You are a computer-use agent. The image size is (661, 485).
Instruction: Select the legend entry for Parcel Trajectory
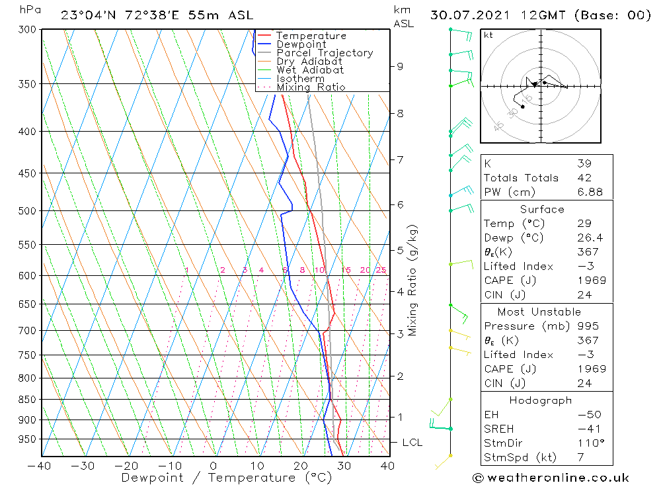pyautogui.click(x=324, y=53)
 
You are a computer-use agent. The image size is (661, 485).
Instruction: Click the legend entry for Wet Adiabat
pyautogui.click(x=309, y=70)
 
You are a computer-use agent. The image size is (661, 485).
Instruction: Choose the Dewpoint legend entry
pyautogui.click(x=301, y=44)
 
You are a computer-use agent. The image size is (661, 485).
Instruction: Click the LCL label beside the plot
pyautogui.click(x=412, y=443)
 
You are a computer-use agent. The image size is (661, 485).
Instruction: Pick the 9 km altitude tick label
pyautogui.click(x=401, y=66)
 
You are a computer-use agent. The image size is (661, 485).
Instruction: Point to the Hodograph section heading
pyautogui.click(x=541, y=400)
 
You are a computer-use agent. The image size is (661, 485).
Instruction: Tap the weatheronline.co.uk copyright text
pyautogui.click(x=551, y=478)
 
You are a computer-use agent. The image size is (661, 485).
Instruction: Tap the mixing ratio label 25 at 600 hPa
pyautogui.click(x=381, y=270)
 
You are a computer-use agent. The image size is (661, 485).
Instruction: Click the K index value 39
pyautogui.click(x=584, y=163)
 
